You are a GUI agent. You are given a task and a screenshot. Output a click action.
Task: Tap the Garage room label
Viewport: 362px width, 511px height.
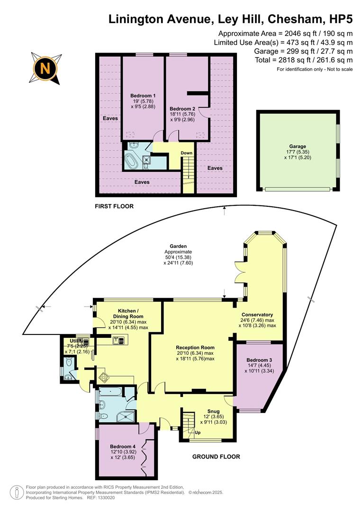298,147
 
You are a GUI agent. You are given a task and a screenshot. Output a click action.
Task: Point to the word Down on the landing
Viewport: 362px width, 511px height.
186,153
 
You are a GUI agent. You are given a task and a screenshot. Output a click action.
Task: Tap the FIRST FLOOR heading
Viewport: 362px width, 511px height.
114,206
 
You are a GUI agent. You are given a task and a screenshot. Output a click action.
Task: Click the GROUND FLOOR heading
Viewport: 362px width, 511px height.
216,457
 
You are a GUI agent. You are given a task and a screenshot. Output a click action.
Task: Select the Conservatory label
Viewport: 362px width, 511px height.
257,315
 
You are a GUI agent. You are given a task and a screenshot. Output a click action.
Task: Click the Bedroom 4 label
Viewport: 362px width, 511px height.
123,446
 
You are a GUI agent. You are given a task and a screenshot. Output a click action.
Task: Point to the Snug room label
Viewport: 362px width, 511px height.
214,411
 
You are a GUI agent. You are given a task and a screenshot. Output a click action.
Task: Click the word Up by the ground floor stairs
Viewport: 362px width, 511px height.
198,432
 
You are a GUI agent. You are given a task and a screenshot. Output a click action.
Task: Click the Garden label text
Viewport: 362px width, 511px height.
179,247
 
